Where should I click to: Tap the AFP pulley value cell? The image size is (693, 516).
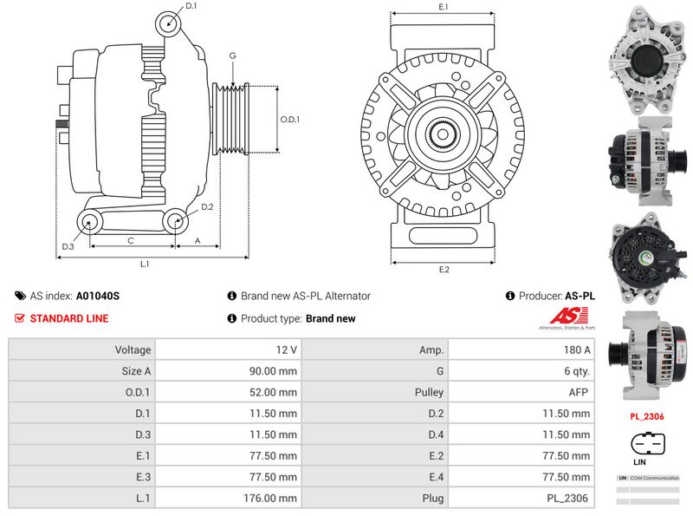pos(576,392)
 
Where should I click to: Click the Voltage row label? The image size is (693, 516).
pos(133,349)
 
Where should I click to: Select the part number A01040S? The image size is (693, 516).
pos(98,296)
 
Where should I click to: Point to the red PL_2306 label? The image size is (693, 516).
pos(646,416)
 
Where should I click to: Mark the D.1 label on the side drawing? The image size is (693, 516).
pos(191,6)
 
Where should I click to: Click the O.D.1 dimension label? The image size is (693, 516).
pos(290,120)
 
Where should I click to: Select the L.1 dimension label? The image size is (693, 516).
pos(146,263)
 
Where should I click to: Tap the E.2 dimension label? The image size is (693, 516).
pos(444,269)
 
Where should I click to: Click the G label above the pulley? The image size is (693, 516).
pos(232,56)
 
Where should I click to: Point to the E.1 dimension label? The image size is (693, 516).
pos(444,7)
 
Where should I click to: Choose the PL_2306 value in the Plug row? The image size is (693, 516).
pos(568,498)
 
